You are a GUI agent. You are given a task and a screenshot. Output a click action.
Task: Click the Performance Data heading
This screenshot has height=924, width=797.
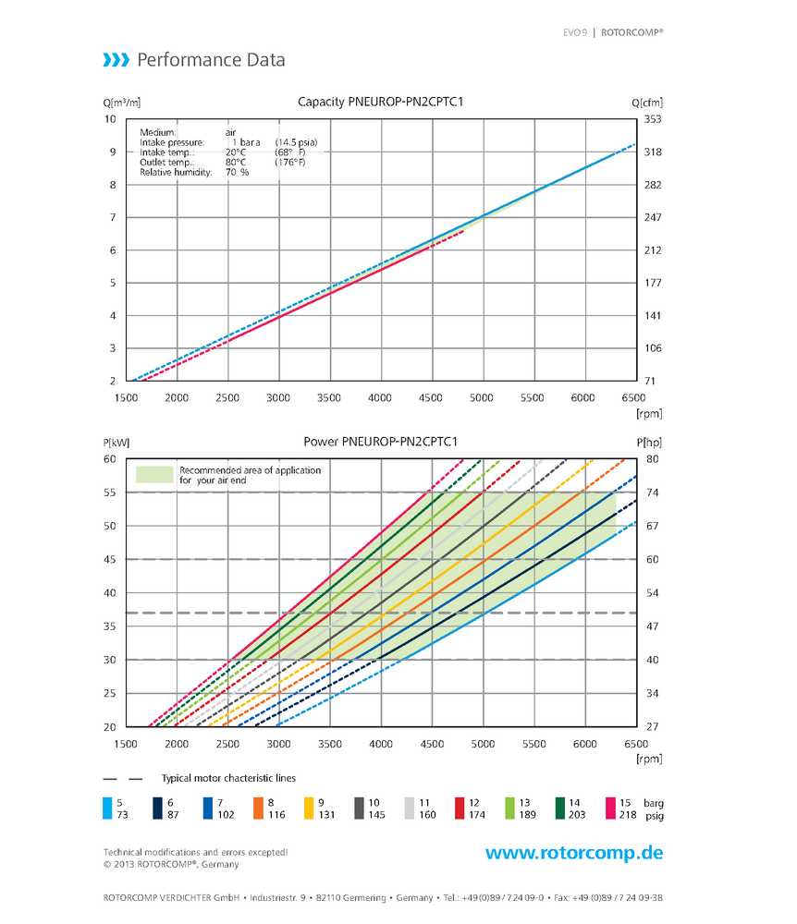pos(211,61)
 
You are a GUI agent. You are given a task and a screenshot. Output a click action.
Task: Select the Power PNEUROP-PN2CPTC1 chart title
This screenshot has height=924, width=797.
pos(381,442)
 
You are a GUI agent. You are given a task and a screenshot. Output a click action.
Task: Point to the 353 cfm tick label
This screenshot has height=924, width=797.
pos(653,119)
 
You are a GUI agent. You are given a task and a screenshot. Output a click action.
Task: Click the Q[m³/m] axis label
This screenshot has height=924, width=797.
pos(121,103)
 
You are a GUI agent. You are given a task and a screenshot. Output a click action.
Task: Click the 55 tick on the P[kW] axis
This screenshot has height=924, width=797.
pos(109,492)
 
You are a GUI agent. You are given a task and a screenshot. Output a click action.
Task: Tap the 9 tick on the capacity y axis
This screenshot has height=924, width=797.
pos(112,152)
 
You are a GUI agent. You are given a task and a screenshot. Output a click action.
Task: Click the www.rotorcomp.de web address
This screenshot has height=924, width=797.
pos(574,852)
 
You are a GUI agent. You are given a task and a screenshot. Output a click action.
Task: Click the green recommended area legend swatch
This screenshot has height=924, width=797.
pos(154,475)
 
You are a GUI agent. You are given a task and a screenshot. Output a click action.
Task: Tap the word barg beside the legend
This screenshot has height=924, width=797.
pos(654,803)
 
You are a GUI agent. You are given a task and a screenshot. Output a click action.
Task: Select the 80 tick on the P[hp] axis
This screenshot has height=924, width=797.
pos(653,459)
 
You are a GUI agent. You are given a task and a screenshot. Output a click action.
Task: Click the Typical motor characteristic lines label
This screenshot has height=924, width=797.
pos(228,779)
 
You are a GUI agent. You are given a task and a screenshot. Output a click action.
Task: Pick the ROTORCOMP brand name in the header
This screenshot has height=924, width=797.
pos(631,31)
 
